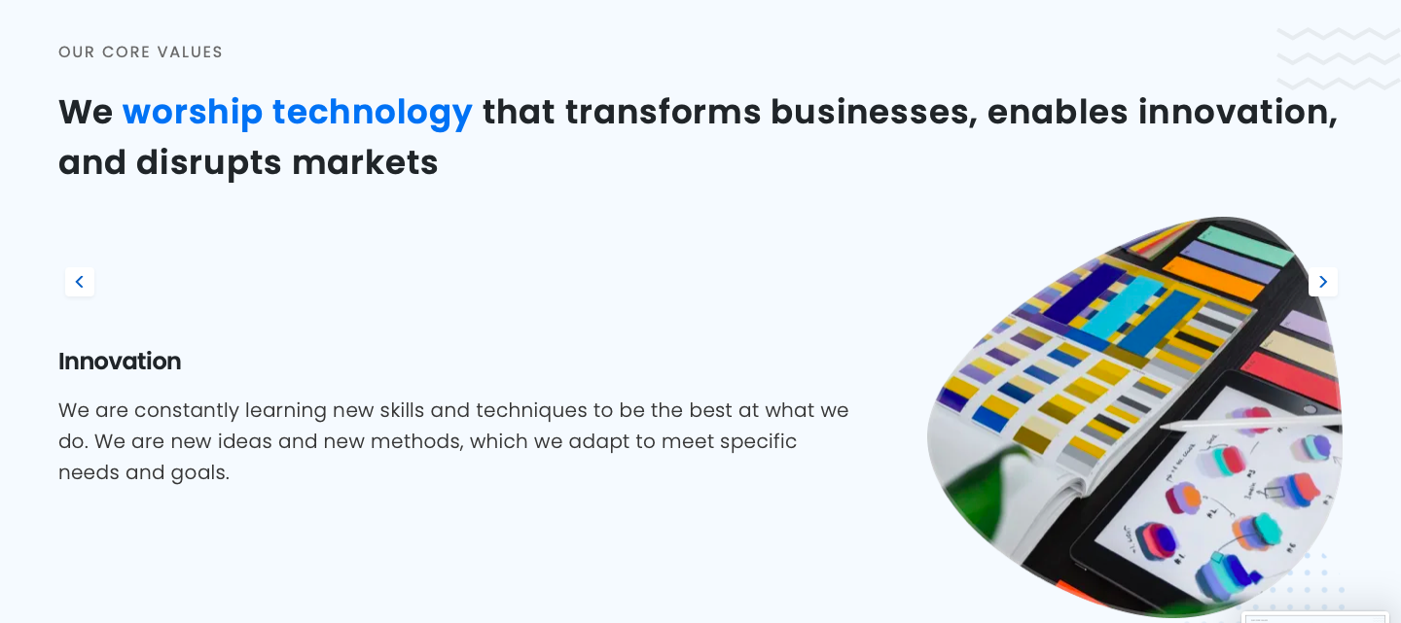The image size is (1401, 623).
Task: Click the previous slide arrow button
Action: (x=80, y=282)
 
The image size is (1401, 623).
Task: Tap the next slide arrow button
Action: (x=1323, y=282)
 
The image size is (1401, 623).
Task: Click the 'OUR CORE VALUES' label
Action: (x=140, y=52)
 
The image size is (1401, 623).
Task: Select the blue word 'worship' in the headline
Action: (x=192, y=113)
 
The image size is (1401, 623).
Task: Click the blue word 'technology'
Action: (x=372, y=113)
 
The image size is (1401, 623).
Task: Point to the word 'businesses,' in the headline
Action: (x=874, y=113)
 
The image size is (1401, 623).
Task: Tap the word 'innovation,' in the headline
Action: (x=1238, y=113)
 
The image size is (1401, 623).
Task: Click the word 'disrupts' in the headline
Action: (x=209, y=163)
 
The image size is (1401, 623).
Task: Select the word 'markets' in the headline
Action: (x=365, y=162)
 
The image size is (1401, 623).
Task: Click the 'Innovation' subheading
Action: (x=120, y=362)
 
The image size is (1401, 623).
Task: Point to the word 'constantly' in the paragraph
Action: (x=187, y=410)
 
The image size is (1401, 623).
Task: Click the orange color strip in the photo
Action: (x=1213, y=277)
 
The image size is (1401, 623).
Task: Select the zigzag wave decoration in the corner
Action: (x=1338, y=58)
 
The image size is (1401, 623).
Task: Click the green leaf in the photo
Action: (x=988, y=494)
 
